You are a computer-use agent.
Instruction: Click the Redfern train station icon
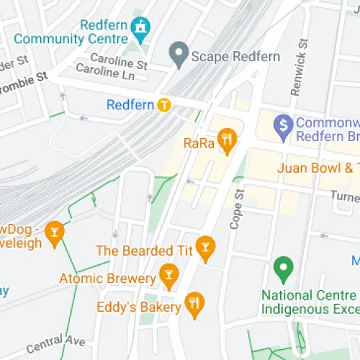165,105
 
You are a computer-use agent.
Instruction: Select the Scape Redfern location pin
178,52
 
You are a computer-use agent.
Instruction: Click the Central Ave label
56,344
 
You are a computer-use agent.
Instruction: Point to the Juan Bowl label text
318,168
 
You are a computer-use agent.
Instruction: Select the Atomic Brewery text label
107,278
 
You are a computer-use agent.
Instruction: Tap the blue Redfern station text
130,105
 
